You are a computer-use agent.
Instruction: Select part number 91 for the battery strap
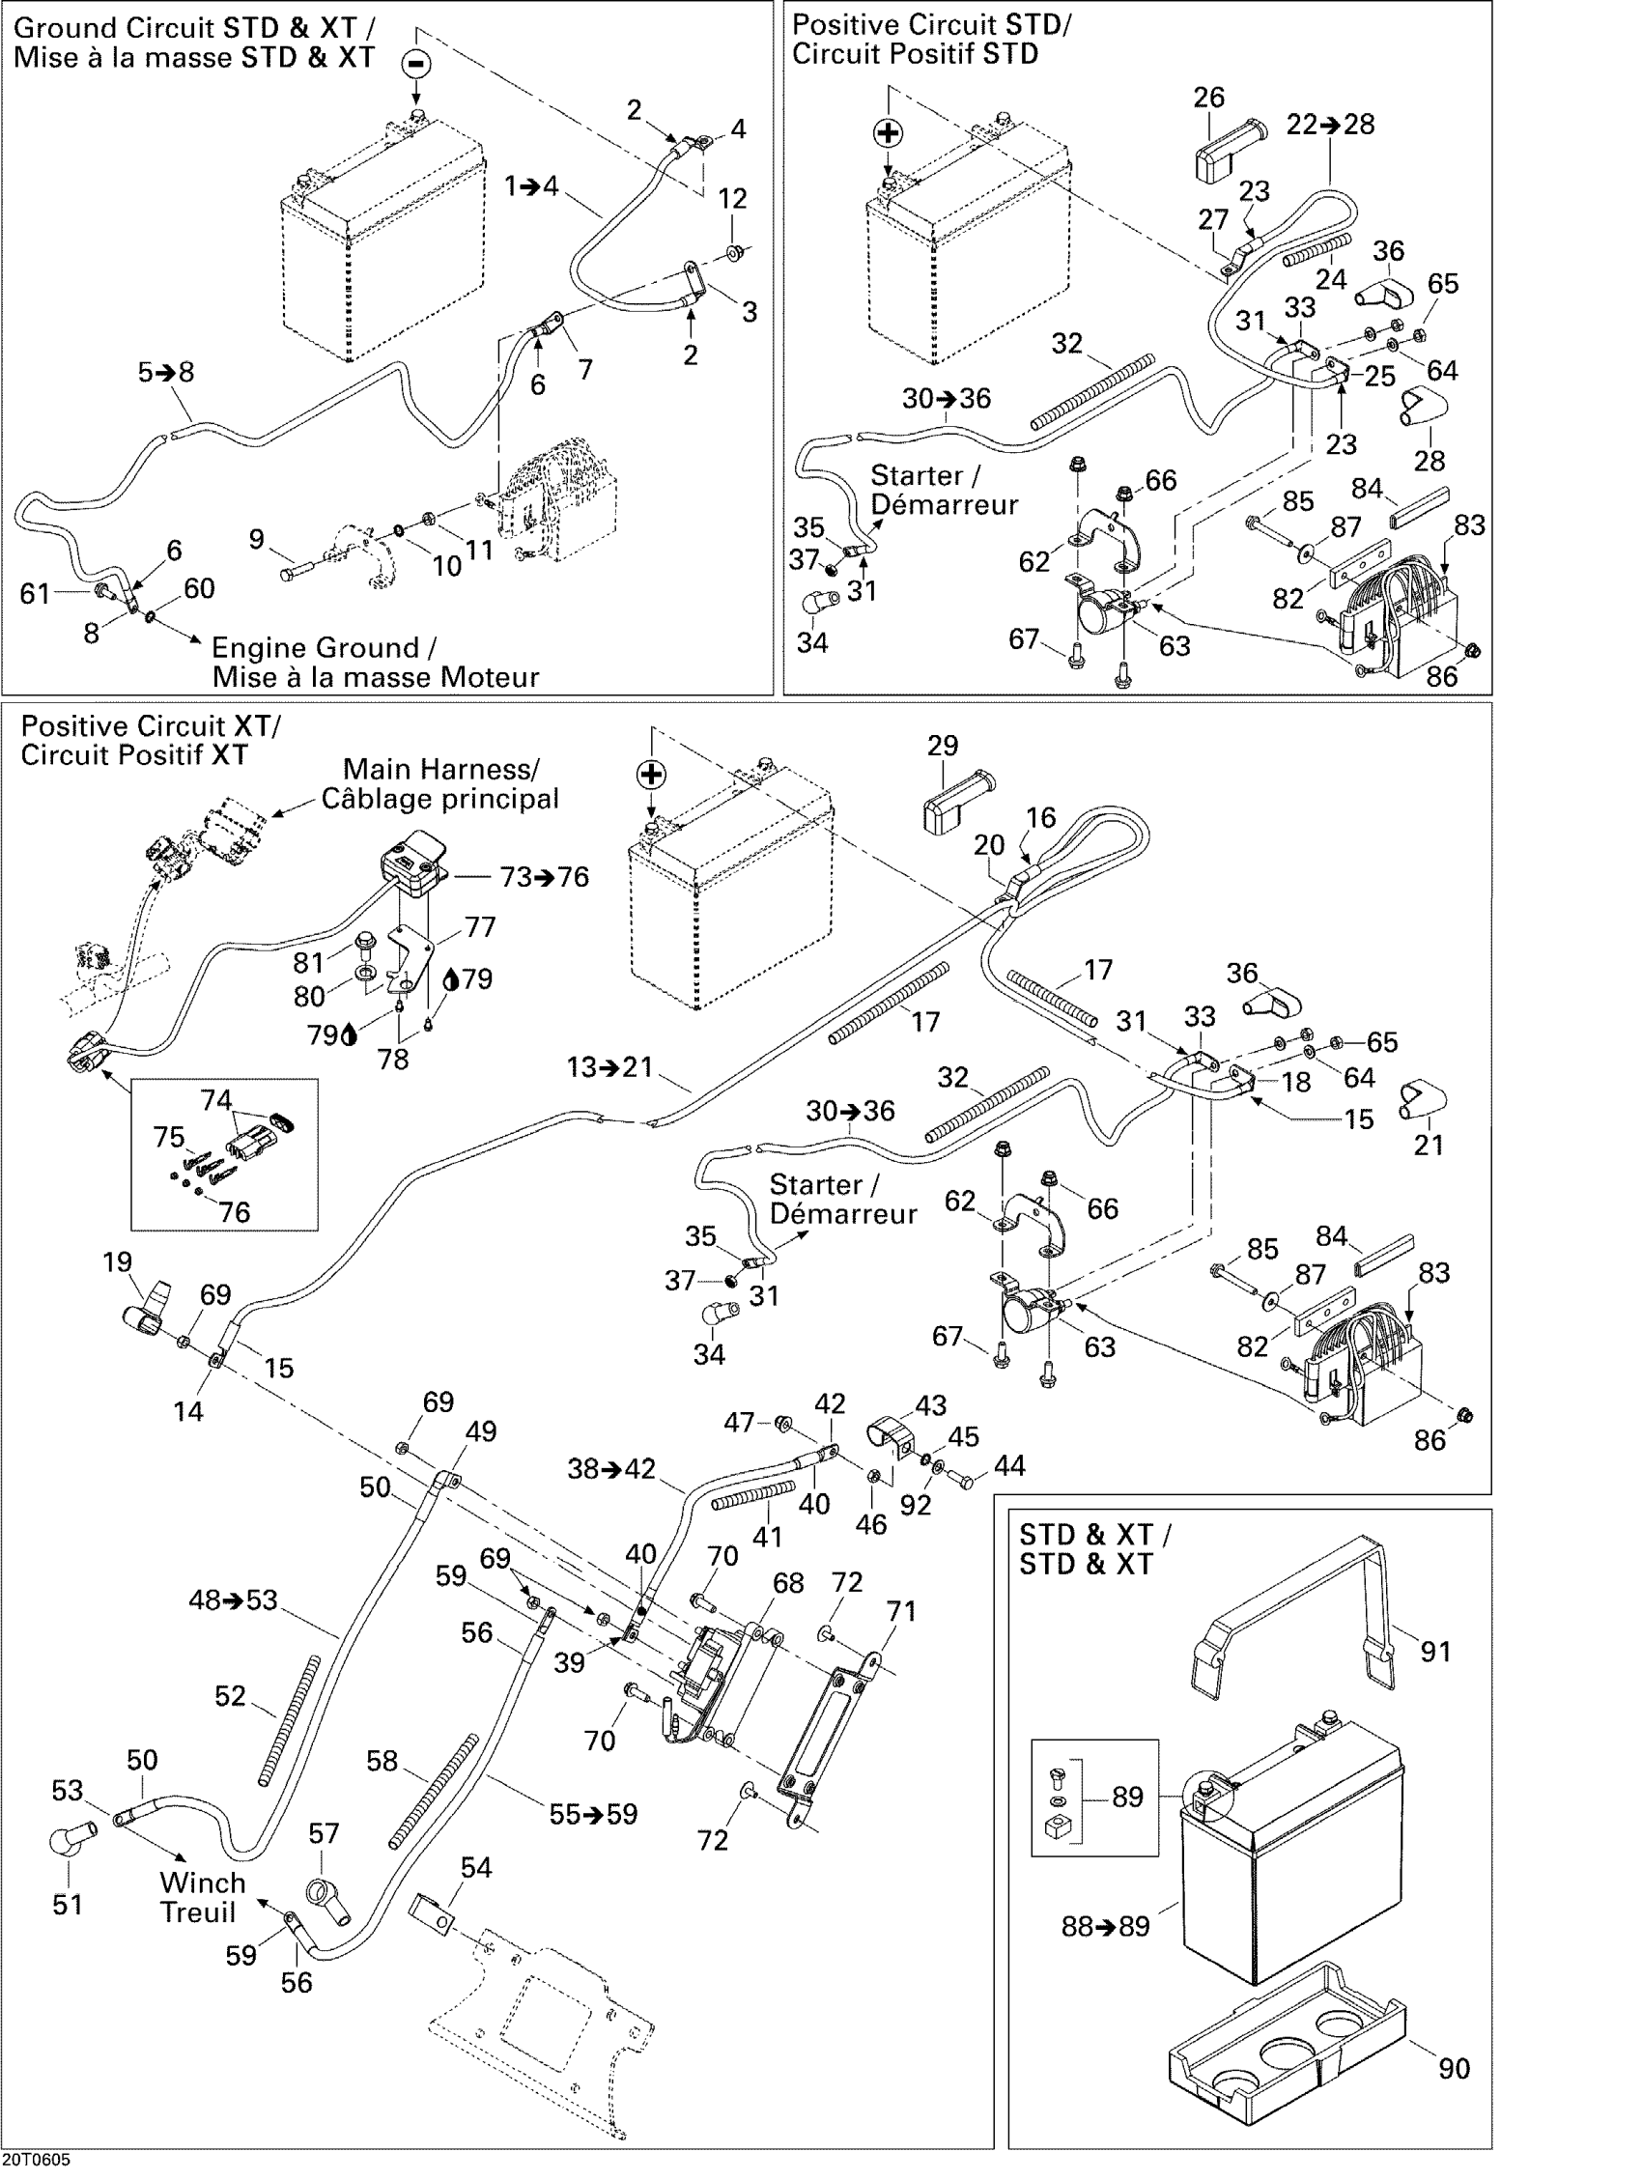pyautogui.click(x=1436, y=1651)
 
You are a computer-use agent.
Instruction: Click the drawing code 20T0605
pyautogui.click(x=37, y=2168)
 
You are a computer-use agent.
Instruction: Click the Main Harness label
pyautogui.click(x=440, y=769)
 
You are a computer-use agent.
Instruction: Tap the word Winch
pyautogui.click(x=202, y=1882)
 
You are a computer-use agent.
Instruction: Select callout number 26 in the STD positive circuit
pyautogui.click(x=1208, y=98)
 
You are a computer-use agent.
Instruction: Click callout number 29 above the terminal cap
pyautogui.click(x=943, y=745)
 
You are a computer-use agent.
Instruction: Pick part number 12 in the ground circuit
pyautogui.click(x=732, y=198)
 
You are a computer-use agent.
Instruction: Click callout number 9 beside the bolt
pyautogui.click(x=256, y=539)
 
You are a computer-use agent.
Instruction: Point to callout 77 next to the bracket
pyautogui.click(x=480, y=926)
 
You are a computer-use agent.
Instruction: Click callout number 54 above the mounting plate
pyautogui.click(x=476, y=1868)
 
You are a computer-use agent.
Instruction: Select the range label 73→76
pyautogui.click(x=545, y=876)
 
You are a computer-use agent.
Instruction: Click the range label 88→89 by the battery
pyautogui.click(x=1105, y=1926)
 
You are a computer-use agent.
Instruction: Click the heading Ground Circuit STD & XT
pyautogui.click(x=193, y=28)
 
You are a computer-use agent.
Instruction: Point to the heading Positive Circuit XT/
pyautogui.click(x=150, y=726)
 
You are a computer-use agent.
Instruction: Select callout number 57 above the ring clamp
pyautogui.click(x=324, y=1833)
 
